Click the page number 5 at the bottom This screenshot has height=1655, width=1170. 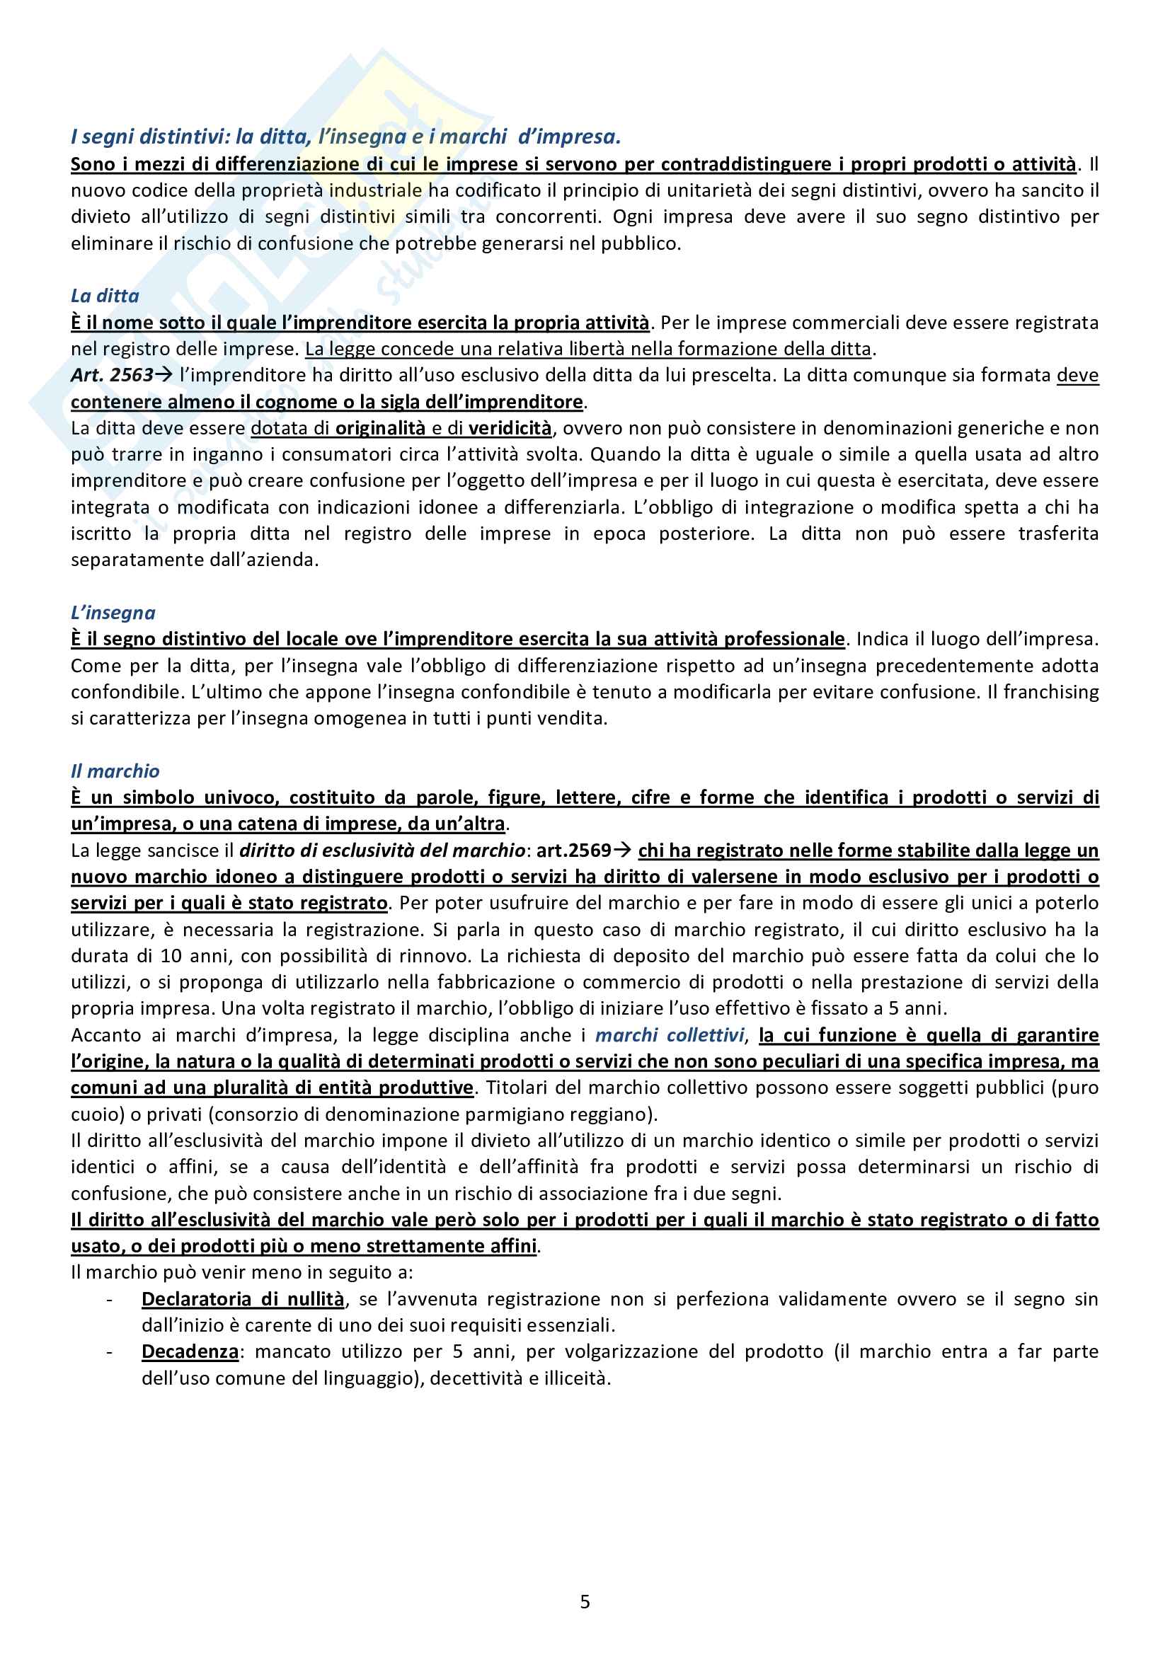[x=585, y=1601]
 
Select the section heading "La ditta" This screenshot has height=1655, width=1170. [x=105, y=296]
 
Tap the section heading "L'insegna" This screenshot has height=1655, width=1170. [x=113, y=613]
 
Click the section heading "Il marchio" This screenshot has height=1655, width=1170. [x=115, y=771]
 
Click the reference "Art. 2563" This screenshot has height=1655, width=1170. [x=112, y=375]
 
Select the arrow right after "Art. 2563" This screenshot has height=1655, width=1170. [x=163, y=375]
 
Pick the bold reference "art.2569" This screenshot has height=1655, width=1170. [x=574, y=850]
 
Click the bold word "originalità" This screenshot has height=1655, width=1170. [x=381, y=428]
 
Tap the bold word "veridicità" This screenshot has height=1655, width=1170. [x=510, y=428]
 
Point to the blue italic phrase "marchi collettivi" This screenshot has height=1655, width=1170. [x=669, y=1035]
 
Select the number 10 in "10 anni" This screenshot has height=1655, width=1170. [x=171, y=956]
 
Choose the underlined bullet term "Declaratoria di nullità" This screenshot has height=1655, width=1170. [x=243, y=1299]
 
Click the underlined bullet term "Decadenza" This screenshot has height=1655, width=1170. [x=190, y=1351]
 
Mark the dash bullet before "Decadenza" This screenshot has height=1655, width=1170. [x=110, y=1351]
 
